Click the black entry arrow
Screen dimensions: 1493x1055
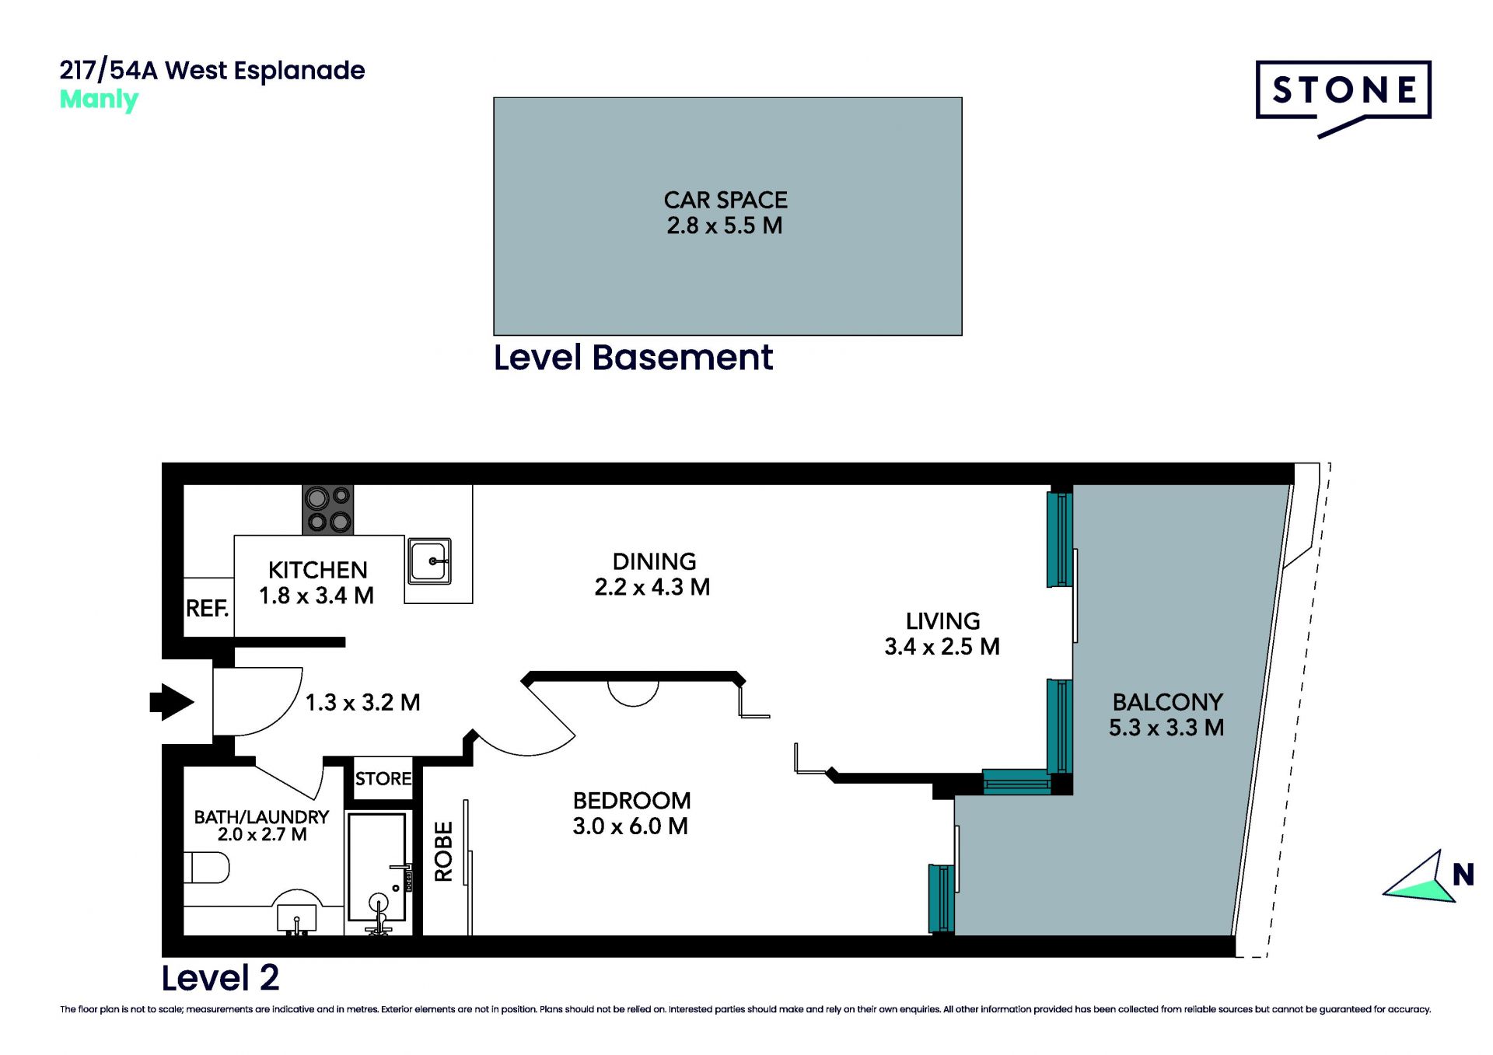click(172, 702)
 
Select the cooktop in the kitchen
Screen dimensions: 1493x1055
click(327, 509)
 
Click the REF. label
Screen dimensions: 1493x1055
click(207, 608)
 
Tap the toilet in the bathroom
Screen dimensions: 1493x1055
click(206, 868)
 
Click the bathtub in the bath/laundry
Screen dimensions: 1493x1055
click(377, 867)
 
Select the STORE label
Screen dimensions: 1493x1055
click(383, 778)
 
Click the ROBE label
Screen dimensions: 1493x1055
click(443, 851)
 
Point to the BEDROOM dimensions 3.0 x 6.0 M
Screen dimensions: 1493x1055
click(631, 826)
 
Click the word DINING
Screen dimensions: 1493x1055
click(654, 561)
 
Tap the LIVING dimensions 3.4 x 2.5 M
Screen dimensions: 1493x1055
click(942, 647)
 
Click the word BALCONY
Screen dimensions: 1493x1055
click(1167, 702)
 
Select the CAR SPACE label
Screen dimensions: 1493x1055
click(726, 200)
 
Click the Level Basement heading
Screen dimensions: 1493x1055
click(633, 358)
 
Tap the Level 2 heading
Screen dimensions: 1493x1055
click(220, 978)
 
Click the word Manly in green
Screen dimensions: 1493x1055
click(99, 100)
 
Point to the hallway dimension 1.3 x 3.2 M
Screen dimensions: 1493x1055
click(362, 703)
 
